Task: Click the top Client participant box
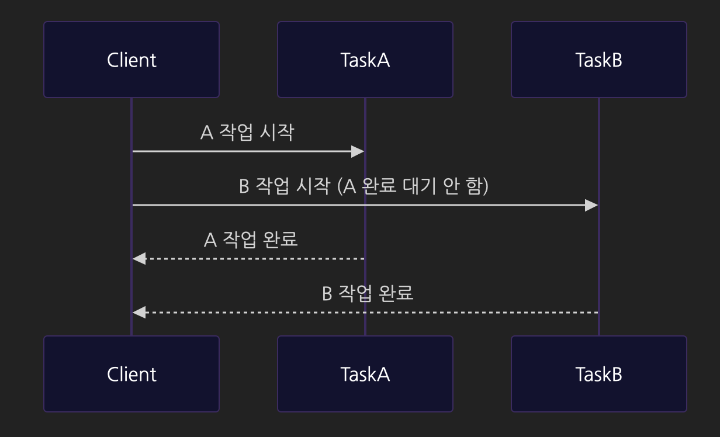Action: pyautogui.click(x=131, y=60)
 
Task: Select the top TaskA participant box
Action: pyautogui.click(x=365, y=60)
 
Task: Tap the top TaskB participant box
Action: pyautogui.click(x=599, y=60)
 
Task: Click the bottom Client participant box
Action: pyautogui.click(x=131, y=374)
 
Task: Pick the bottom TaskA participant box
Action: pyautogui.click(x=365, y=374)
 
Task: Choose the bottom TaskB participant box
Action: pyautogui.click(x=599, y=374)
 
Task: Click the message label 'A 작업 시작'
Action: pyautogui.click(x=247, y=133)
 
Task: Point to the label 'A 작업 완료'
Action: pyautogui.click(x=251, y=240)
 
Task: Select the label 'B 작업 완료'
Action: pyautogui.click(x=368, y=293)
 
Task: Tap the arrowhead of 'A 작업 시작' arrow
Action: pyautogui.click(x=358, y=152)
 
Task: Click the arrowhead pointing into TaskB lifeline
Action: pyautogui.click(x=591, y=206)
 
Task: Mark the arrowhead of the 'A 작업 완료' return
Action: pyautogui.click(x=139, y=259)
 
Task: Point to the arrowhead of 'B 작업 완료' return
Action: pyautogui.click(x=139, y=313)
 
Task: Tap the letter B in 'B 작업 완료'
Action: pyautogui.click(x=327, y=293)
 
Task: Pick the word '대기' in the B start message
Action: pyautogui.click(x=417, y=186)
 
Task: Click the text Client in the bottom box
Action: pyautogui.click(x=131, y=374)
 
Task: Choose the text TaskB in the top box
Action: pyautogui.click(x=599, y=60)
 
